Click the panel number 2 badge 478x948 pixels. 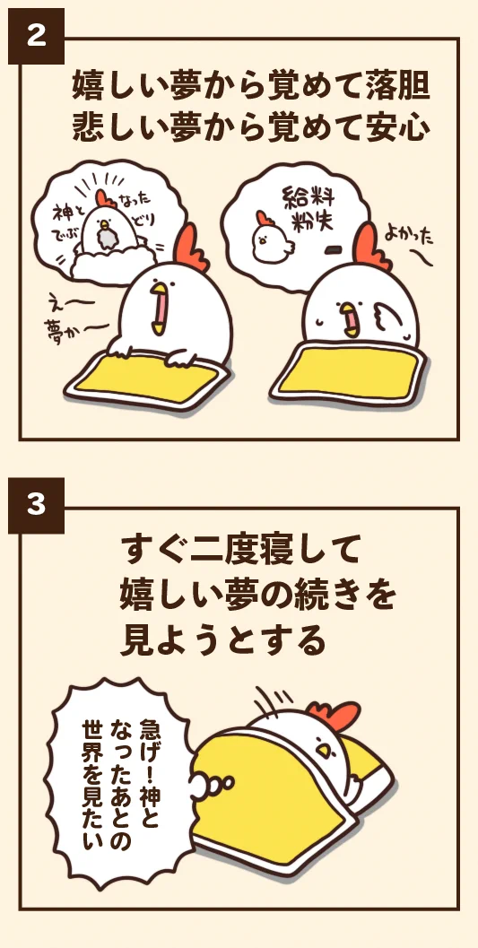36,36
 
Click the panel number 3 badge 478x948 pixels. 36,506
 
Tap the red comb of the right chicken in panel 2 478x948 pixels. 369,246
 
